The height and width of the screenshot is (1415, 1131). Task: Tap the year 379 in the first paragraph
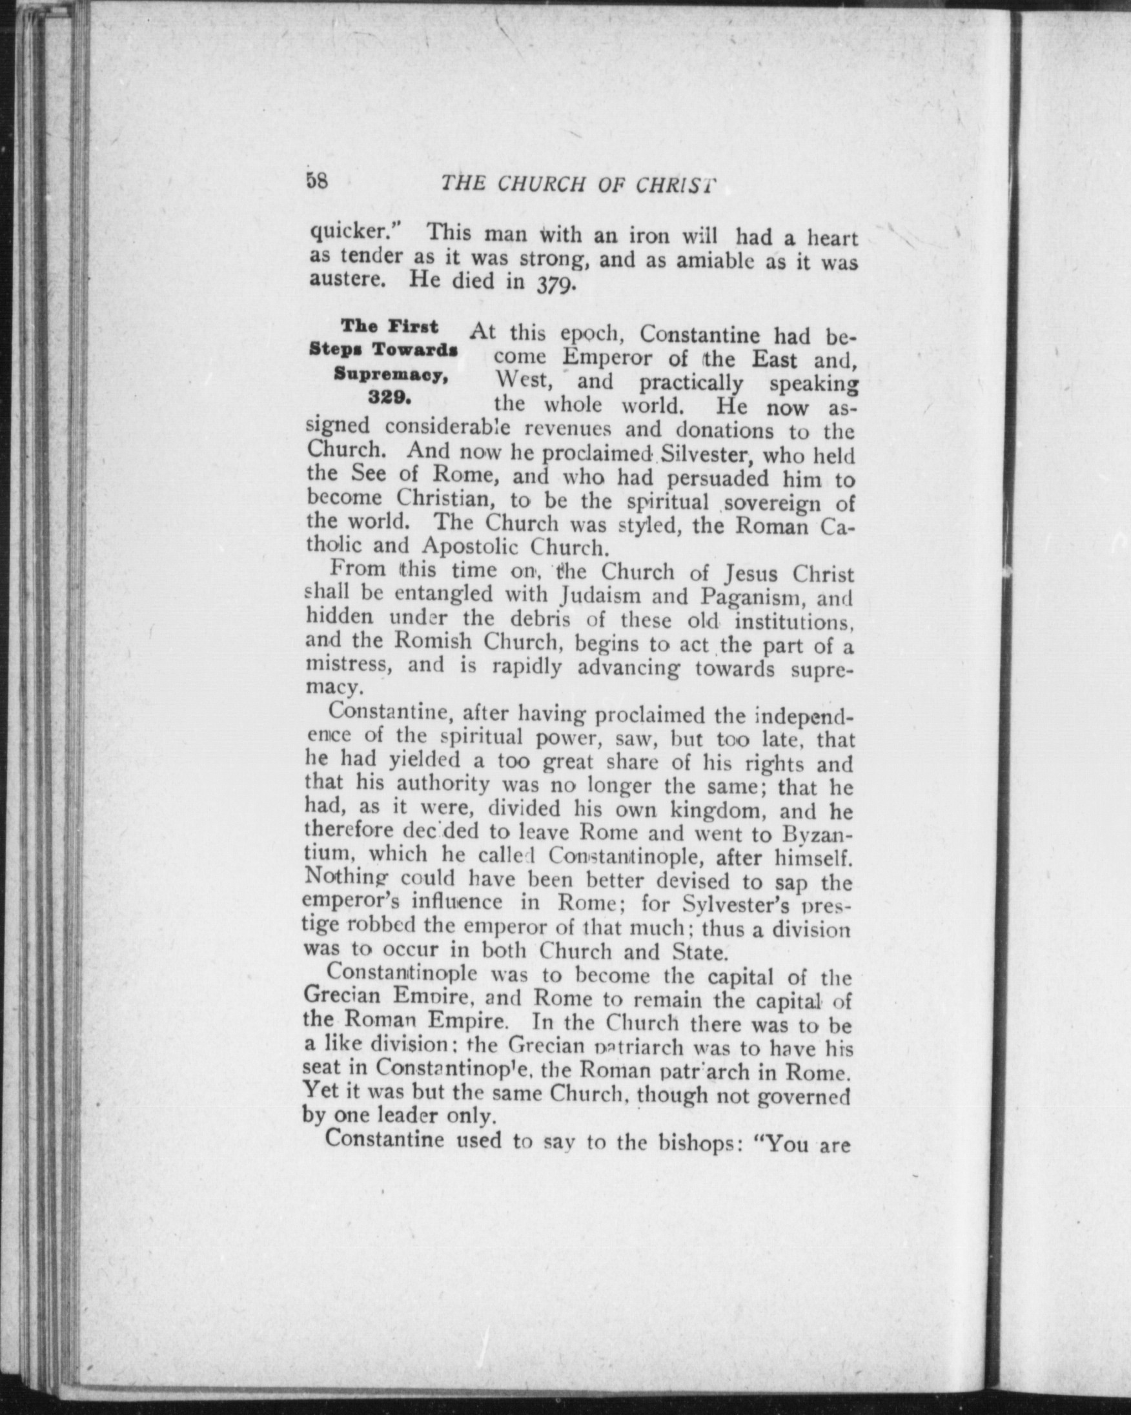(556, 285)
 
